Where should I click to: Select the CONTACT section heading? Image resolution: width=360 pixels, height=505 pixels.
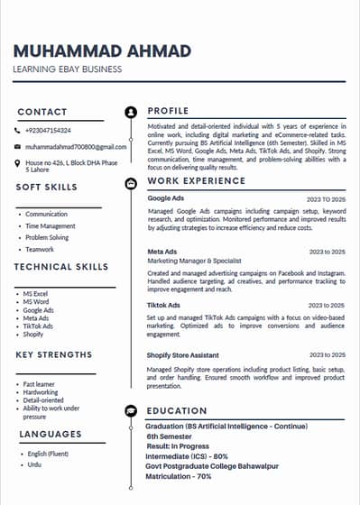42,112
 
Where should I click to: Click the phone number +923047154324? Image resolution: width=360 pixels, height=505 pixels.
48,131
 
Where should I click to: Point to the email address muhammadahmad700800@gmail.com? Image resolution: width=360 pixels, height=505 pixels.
76,146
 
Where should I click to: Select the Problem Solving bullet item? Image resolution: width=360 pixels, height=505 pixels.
47,237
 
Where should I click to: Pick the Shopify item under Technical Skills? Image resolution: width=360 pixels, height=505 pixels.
33,334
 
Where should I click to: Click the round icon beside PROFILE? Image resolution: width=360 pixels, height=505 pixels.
132,112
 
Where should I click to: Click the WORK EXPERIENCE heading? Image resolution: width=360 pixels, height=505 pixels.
196,181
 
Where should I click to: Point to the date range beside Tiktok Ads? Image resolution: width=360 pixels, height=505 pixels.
326,305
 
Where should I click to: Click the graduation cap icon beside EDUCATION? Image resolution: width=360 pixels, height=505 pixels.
132,410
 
